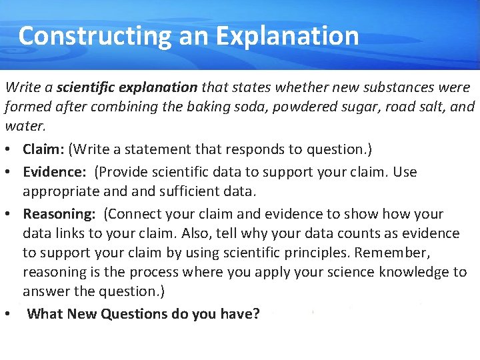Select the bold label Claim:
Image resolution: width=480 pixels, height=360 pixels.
(x=43, y=148)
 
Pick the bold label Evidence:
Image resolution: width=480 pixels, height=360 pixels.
(x=55, y=172)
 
